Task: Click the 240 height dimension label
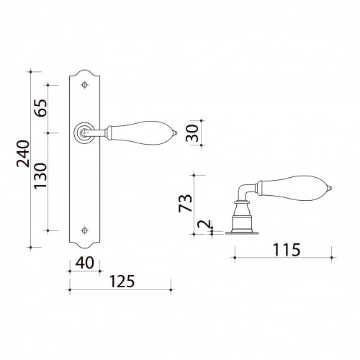click(23, 153)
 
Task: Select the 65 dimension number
click(40, 108)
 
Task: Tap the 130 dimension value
click(40, 176)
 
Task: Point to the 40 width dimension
click(84, 263)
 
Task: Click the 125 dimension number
click(122, 282)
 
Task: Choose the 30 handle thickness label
click(192, 133)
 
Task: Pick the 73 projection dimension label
click(186, 203)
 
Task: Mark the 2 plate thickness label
click(203, 224)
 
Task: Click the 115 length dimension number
click(287, 250)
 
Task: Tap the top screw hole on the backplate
click(84, 85)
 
